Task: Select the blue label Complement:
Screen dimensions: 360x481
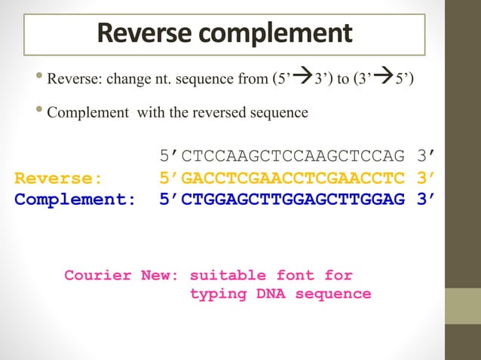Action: click(x=75, y=200)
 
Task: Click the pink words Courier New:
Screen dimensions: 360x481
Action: click(x=121, y=275)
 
